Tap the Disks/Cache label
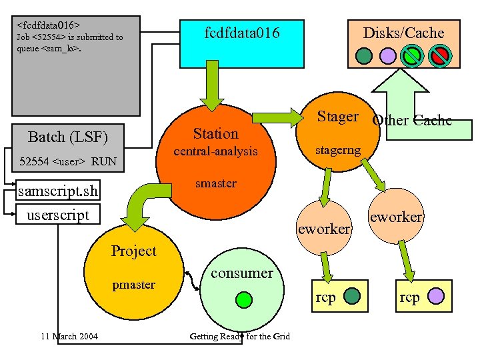(403, 33)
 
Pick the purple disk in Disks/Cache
(387, 56)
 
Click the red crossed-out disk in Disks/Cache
(439, 56)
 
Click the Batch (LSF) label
(67, 137)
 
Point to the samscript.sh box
(58, 192)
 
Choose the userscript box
(58, 215)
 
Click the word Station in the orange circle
(215, 133)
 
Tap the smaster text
(215, 183)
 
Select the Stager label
(337, 117)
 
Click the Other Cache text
(412, 121)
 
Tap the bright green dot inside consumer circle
(245, 299)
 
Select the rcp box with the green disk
(340, 297)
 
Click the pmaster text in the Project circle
(133, 285)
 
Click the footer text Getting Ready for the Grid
(240, 336)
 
